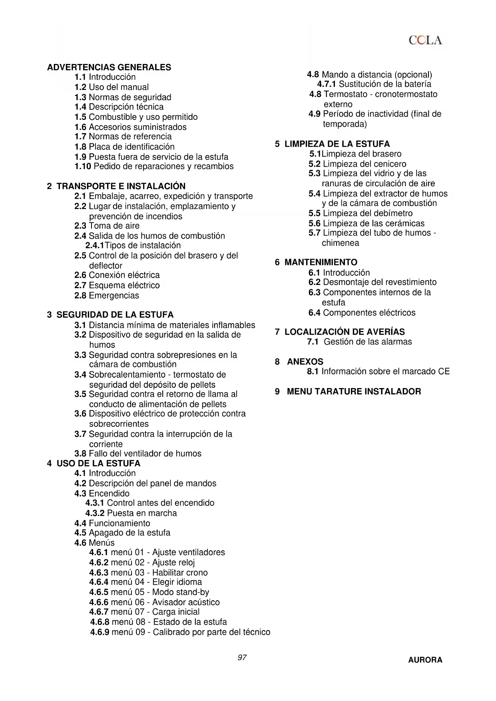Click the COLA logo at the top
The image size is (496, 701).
[425, 40]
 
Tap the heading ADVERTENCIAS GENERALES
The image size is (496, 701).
[109, 67]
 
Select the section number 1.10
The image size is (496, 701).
[83, 166]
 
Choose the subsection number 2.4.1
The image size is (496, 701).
[95, 245]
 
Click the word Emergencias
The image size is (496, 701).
[114, 295]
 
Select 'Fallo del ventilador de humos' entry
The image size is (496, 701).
[145, 454]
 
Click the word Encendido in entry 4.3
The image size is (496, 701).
[109, 493]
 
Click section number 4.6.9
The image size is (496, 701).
[100, 632]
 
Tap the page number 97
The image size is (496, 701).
[242, 657]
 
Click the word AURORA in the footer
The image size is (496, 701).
[425, 660]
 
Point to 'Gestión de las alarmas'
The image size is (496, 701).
[368, 342]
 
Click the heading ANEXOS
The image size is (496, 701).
[305, 362]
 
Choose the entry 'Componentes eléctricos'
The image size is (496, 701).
[369, 313]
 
